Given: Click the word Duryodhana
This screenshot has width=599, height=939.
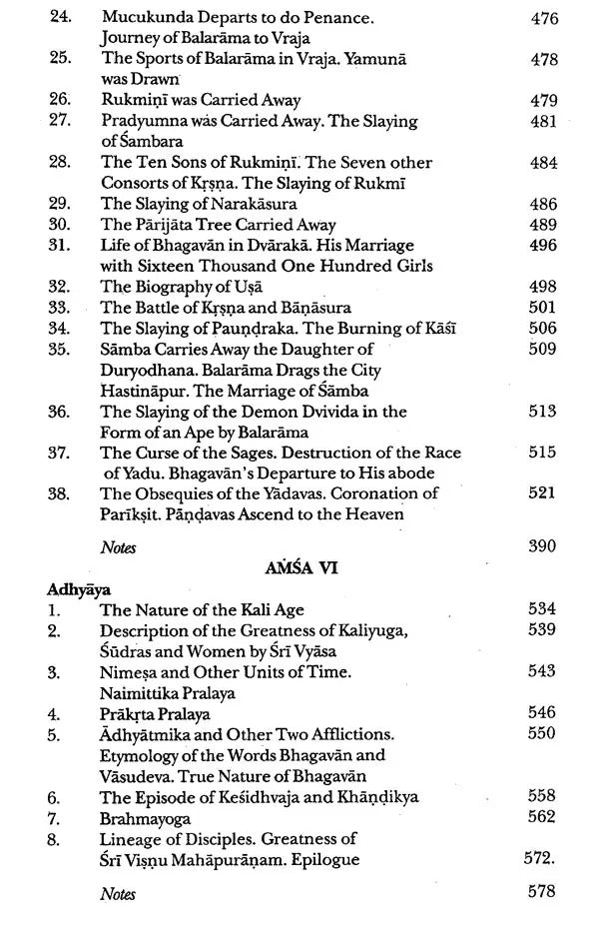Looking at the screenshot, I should pyautogui.click(x=146, y=370).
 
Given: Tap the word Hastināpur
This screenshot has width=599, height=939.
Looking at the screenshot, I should pyautogui.click(x=145, y=390).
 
